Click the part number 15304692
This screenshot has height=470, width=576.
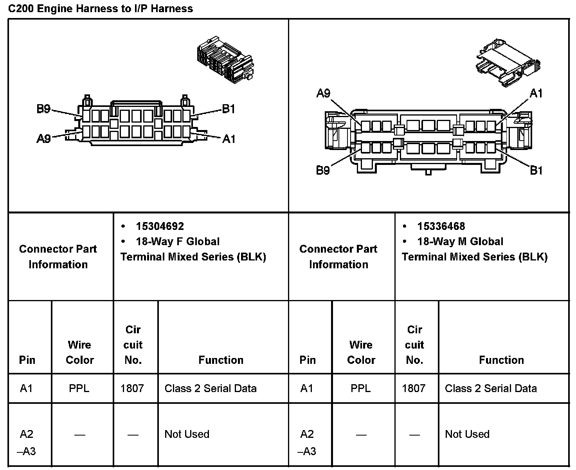[x=160, y=226]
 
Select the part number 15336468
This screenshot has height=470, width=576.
[x=441, y=226]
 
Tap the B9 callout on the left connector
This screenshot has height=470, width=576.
[x=43, y=108]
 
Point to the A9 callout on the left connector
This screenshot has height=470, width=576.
[x=43, y=138]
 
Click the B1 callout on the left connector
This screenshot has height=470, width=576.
[x=229, y=108]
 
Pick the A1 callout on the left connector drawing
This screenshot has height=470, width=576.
[x=229, y=138]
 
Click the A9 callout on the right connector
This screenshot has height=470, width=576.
[x=323, y=93]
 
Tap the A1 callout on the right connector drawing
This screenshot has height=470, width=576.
[x=536, y=93]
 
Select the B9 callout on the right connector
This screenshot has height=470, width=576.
[x=323, y=170]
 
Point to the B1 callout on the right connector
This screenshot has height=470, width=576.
[x=536, y=170]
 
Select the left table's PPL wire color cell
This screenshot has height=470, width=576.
[x=79, y=389]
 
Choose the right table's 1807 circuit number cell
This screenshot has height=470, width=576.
[x=414, y=389]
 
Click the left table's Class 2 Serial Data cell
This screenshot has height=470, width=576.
[x=211, y=389]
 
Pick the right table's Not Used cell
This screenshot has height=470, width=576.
[x=467, y=434]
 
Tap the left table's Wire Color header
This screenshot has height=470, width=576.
[x=80, y=352]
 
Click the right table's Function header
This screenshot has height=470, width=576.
[x=501, y=360]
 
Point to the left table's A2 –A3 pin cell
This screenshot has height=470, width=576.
[x=27, y=443]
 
